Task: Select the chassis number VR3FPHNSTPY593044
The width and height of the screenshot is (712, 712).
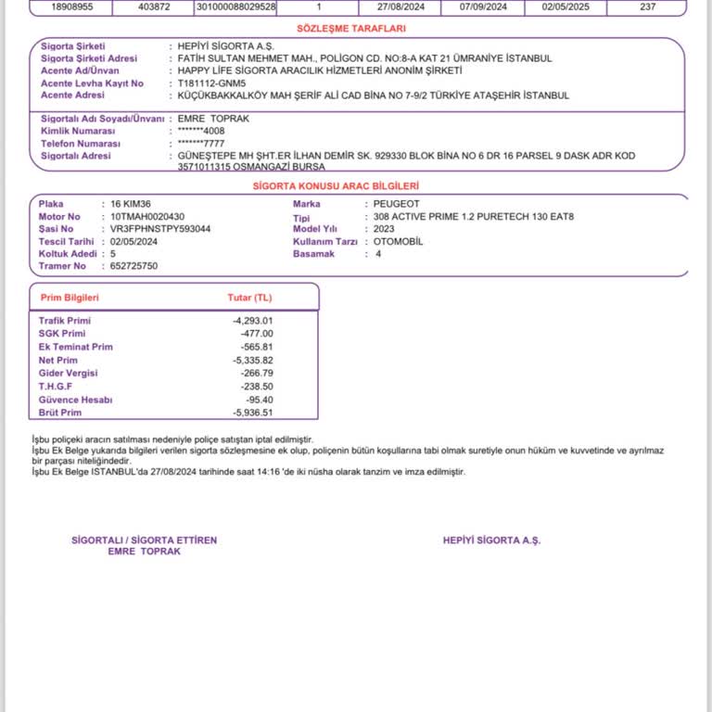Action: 160,228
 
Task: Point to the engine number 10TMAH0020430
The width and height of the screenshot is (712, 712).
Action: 147,216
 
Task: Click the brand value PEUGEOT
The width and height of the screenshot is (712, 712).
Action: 396,203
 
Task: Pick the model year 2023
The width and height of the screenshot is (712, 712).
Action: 384,228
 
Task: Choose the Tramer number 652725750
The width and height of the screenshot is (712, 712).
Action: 133,266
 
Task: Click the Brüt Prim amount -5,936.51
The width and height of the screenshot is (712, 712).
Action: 253,413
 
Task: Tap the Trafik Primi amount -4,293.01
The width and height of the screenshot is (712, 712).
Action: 253,320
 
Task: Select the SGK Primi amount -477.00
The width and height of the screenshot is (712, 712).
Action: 257,333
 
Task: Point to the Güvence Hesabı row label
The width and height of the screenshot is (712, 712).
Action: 75,400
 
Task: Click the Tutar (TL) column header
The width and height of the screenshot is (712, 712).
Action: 250,298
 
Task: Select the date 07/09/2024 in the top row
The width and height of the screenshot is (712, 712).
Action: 483,6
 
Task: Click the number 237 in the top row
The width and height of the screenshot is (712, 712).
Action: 647,6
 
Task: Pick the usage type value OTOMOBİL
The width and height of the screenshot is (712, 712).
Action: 398,241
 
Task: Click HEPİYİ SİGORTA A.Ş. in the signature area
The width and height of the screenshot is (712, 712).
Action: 491,540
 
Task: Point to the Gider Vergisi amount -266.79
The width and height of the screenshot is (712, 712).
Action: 256,373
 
